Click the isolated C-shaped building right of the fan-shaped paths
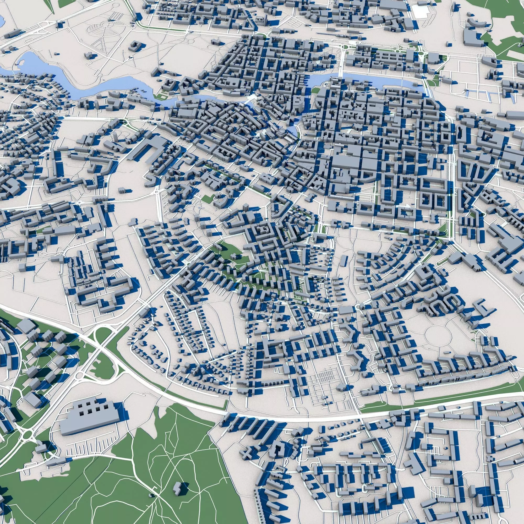coord(134,46)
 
